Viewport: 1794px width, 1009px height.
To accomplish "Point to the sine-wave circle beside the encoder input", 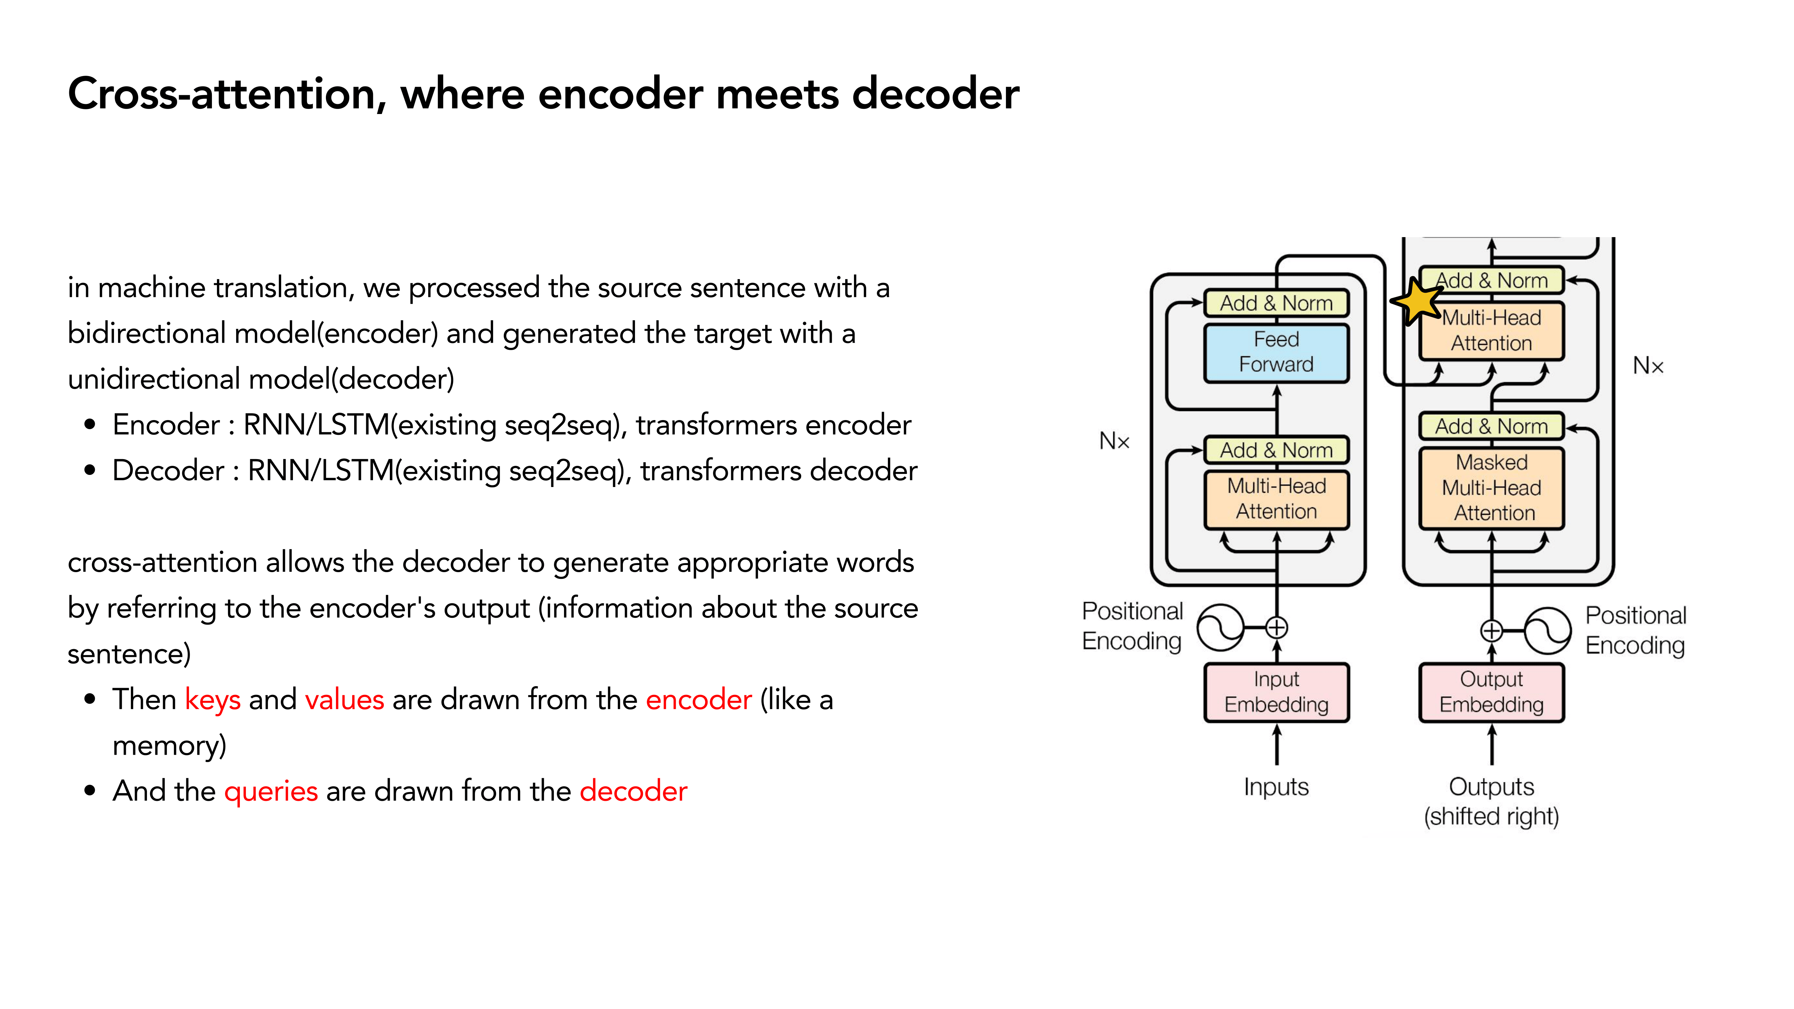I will (1220, 627).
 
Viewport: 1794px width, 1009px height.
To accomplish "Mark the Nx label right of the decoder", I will (1648, 366).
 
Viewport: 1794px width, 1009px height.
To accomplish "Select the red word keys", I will (213, 700).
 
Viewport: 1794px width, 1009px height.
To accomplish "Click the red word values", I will (344, 700).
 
